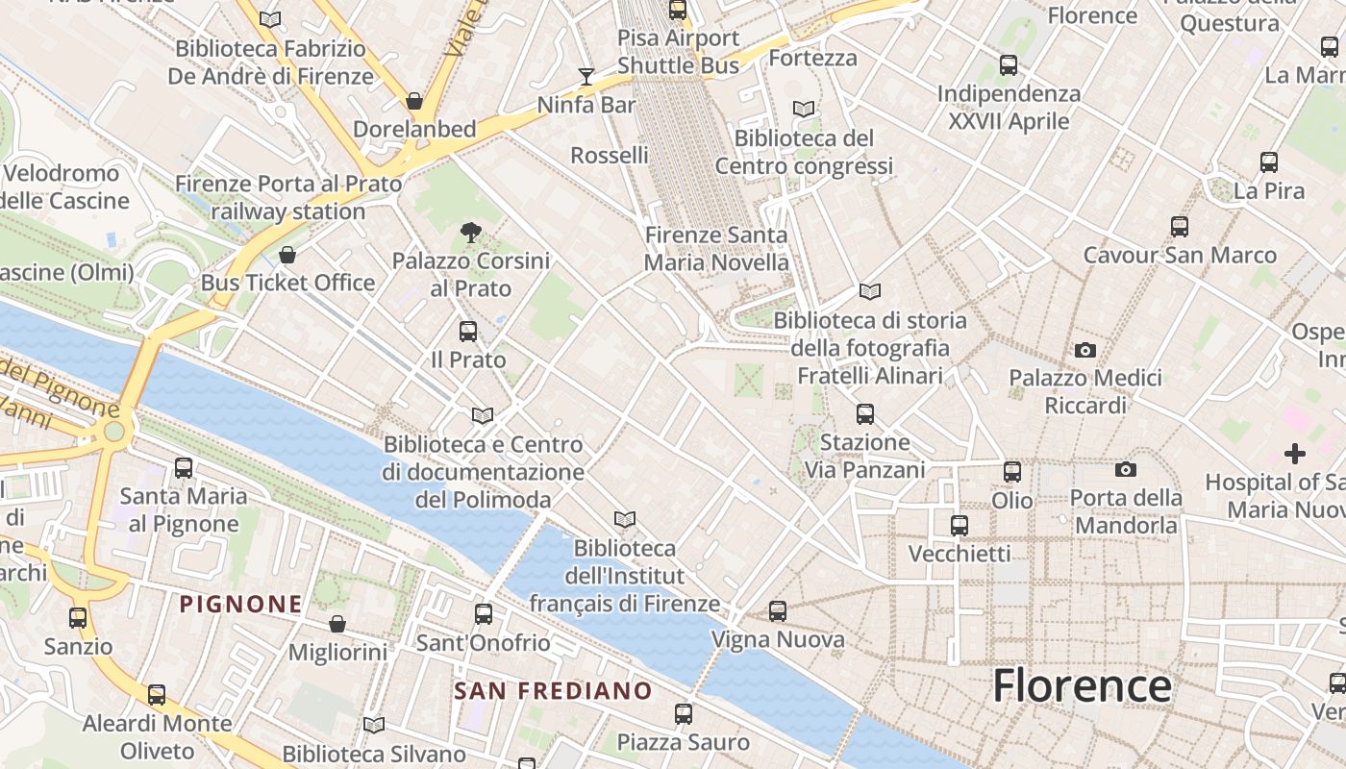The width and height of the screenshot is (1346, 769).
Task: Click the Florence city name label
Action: tap(1082, 686)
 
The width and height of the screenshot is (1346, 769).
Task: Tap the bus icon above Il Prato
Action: tap(468, 332)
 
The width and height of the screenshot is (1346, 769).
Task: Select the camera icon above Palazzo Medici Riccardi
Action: tap(1085, 350)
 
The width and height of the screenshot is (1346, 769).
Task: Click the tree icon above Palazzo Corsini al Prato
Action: tap(470, 232)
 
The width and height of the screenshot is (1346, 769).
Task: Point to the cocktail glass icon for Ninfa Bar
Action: tap(586, 76)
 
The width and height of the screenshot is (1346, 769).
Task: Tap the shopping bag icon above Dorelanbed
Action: tap(414, 101)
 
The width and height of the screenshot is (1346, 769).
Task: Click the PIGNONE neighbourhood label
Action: tap(241, 605)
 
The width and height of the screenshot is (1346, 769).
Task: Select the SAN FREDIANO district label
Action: tap(553, 691)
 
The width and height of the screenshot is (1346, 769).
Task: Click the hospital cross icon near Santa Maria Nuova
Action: tap(1295, 453)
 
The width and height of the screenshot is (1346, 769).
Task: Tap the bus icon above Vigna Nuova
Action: tap(778, 610)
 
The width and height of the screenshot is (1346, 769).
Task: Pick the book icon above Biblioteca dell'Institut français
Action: tap(625, 520)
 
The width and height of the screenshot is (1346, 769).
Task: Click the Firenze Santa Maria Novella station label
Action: tap(716, 249)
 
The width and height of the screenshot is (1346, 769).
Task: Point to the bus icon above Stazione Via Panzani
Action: tap(865, 414)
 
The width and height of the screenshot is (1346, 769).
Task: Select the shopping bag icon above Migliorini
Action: tap(337, 624)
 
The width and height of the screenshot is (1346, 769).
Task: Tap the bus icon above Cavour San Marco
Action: tap(1180, 227)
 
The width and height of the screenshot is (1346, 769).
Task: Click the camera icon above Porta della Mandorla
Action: tap(1126, 469)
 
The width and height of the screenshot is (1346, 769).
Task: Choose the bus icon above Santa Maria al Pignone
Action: tap(184, 468)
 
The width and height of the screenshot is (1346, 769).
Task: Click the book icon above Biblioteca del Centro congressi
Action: tap(804, 109)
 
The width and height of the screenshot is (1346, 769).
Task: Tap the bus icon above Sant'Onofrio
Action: tap(484, 614)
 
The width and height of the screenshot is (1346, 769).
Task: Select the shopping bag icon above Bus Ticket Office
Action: tap(287, 255)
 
